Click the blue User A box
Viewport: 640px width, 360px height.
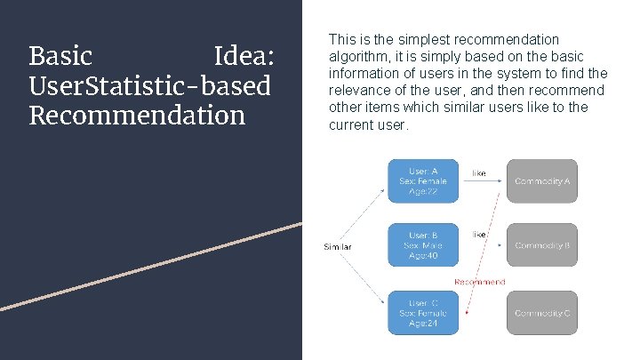(x=423, y=181)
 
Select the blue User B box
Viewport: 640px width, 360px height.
(x=423, y=244)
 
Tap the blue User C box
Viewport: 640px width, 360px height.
(x=423, y=313)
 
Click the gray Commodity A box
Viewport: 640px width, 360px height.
(x=541, y=181)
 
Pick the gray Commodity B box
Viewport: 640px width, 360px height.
(x=541, y=244)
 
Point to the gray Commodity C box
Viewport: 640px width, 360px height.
(x=541, y=313)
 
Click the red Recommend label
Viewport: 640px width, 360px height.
(x=479, y=282)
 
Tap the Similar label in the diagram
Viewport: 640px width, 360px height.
(x=337, y=246)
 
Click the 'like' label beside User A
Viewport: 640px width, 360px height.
(x=479, y=173)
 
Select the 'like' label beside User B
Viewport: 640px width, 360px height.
(x=479, y=235)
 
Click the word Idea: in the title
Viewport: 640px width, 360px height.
(x=245, y=57)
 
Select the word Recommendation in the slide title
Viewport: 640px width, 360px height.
(x=137, y=116)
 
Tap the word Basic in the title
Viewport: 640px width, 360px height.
(x=60, y=57)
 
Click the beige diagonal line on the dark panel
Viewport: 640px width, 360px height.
(x=151, y=266)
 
